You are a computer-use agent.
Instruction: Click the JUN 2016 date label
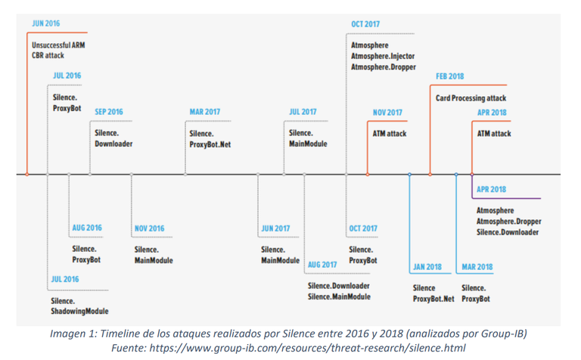click(45, 23)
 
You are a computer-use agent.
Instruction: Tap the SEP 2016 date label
click(108, 112)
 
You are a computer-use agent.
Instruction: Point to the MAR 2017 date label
click(204, 112)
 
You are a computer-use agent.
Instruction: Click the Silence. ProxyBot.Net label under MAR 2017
click(210, 138)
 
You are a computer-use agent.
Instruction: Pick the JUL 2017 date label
click(303, 112)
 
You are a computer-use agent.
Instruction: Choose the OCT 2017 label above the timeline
click(365, 24)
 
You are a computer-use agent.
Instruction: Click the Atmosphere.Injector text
click(382, 56)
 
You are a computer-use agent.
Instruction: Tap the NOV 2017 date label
click(387, 113)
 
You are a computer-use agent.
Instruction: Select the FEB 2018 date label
click(450, 76)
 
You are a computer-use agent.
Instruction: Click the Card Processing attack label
click(471, 98)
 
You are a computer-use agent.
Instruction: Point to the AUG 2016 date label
click(87, 228)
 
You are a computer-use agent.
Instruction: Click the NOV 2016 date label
click(149, 228)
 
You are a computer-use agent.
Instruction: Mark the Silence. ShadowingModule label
click(79, 306)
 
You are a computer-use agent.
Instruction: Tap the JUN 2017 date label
click(275, 228)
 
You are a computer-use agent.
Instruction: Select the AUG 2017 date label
click(322, 265)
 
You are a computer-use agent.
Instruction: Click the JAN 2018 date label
click(427, 267)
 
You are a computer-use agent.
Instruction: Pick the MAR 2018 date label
click(477, 267)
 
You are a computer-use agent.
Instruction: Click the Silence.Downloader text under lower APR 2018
click(507, 232)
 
